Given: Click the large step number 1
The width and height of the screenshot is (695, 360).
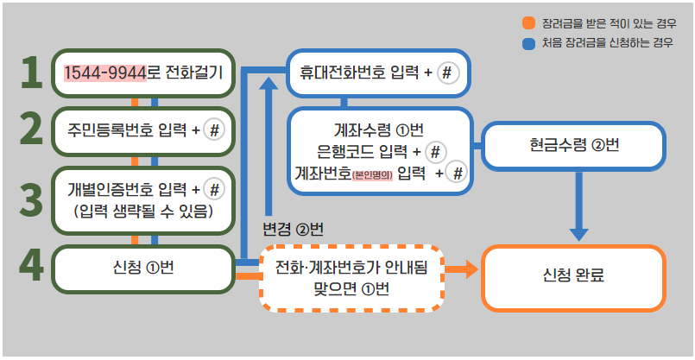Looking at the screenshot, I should pos(31,73).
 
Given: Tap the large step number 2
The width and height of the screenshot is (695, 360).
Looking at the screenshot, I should pos(31,129).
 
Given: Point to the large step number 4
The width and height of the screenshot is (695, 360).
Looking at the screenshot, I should pos(31,266).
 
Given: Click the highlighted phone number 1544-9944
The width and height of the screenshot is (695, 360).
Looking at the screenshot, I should pos(105,73).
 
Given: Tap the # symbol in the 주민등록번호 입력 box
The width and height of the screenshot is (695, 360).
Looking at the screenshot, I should pos(215,129).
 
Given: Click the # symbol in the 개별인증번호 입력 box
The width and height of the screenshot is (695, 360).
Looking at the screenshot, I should pos(215,189).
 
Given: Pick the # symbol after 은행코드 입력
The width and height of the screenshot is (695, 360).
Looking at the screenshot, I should pos(436,153).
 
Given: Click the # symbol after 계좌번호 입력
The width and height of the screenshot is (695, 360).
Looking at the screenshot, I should pos(458,174).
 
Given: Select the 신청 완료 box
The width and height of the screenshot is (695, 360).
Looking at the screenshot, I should pos(573,276).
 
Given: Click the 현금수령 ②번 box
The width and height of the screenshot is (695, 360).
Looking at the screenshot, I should pos(574,145).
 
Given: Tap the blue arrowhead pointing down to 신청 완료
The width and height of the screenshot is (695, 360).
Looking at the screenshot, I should pos(579,233).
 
